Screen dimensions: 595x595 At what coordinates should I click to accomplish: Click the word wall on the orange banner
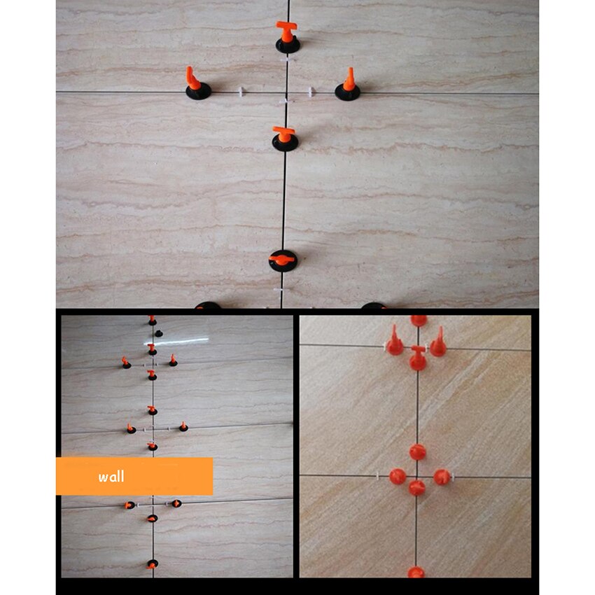click(111, 477)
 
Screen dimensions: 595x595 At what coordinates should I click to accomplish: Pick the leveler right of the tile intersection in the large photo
click(348, 85)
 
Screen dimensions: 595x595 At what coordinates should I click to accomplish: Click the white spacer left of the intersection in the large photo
click(241, 92)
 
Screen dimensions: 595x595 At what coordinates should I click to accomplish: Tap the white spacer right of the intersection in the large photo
click(309, 92)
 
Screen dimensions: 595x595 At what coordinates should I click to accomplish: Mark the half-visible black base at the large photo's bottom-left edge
click(208, 305)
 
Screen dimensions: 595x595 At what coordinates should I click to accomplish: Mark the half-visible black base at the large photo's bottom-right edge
click(372, 305)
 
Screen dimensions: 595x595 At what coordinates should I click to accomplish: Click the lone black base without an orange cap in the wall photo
click(159, 333)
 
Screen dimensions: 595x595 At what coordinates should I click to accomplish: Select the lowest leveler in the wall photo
click(152, 563)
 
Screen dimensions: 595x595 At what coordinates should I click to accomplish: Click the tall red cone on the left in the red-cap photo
click(395, 341)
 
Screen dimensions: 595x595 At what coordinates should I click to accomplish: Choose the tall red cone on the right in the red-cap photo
click(438, 342)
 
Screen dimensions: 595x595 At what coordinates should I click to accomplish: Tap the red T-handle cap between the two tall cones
click(417, 357)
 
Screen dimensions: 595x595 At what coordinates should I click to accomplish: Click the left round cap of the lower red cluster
click(398, 477)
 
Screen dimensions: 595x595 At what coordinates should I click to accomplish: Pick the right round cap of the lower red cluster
click(440, 477)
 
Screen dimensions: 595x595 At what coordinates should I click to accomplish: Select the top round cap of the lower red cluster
click(417, 451)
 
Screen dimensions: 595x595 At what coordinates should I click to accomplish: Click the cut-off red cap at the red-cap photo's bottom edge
click(416, 572)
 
